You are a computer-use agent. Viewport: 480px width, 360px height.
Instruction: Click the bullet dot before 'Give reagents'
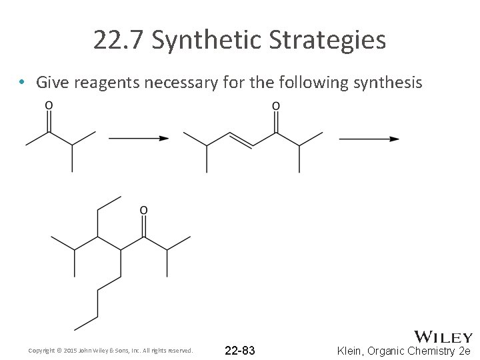coord(23,83)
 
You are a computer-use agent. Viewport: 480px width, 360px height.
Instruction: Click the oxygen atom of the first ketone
coord(49,105)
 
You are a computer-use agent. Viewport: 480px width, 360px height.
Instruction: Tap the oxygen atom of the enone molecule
coord(276,105)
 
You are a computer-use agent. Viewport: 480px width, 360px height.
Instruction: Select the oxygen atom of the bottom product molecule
coord(143,211)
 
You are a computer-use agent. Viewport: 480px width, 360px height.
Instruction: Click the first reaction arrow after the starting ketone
coord(138,139)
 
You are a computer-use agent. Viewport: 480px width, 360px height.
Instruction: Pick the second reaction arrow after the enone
coord(369,139)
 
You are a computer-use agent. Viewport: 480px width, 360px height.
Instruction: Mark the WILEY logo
coord(443,337)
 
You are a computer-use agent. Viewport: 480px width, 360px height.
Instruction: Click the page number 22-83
coord(240,351)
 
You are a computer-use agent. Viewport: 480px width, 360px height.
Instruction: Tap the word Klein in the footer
coord(351,351)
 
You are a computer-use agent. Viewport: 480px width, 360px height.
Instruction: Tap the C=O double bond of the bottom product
coord(143,225)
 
